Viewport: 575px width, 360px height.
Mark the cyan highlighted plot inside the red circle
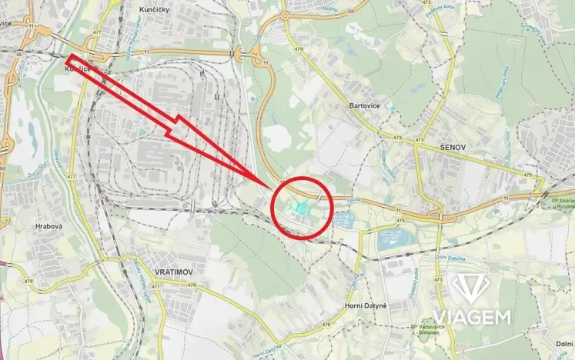pos(302,206)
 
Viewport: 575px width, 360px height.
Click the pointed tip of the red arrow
pos(276,188)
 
